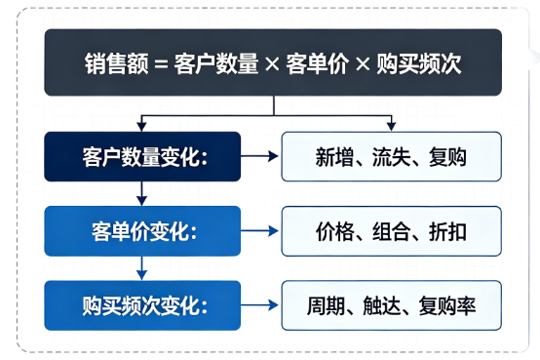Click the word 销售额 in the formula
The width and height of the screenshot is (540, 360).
116,63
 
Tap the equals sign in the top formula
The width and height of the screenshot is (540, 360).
161,64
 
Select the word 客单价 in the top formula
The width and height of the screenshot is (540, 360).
317,63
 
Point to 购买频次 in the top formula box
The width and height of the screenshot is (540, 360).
418,63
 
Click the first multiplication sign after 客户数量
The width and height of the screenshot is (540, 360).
272,63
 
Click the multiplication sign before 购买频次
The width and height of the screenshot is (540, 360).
363,63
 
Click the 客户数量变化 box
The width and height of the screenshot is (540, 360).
142,156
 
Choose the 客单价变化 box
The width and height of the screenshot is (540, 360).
142,231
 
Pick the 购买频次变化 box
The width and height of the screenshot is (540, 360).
142,305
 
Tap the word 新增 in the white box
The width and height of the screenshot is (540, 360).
334,157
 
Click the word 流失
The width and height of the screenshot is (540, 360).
391,157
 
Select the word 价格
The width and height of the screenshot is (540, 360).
334,231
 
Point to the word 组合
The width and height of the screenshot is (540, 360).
391,231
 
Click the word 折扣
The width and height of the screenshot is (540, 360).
447,231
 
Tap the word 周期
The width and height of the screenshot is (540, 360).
326,306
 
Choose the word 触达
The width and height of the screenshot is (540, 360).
382,306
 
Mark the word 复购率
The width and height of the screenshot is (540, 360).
447,306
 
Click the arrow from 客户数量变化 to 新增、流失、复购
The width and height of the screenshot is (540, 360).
259,156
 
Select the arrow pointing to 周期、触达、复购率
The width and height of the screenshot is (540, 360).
259,305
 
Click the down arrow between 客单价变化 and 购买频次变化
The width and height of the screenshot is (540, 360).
142,268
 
